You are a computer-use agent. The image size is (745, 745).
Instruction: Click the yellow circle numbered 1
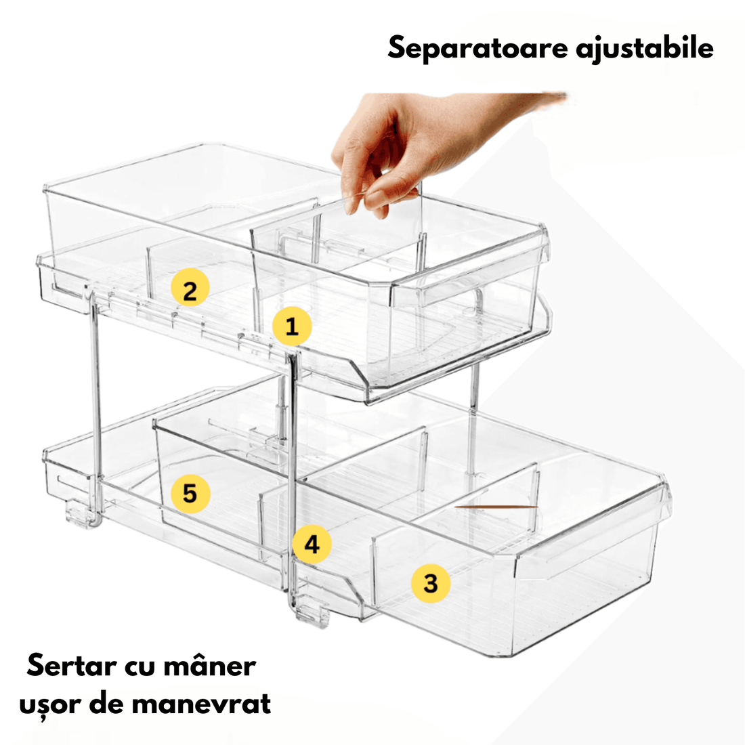point(292,326)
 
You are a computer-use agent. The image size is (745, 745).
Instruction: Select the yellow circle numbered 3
point(431,583)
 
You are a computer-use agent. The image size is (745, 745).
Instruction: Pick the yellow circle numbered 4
point(312,544)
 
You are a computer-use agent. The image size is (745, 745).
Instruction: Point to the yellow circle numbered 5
point(190,492)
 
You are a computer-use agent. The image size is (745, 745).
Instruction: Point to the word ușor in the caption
point(48,704)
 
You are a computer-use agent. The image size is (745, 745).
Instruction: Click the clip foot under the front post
point(312,610)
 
